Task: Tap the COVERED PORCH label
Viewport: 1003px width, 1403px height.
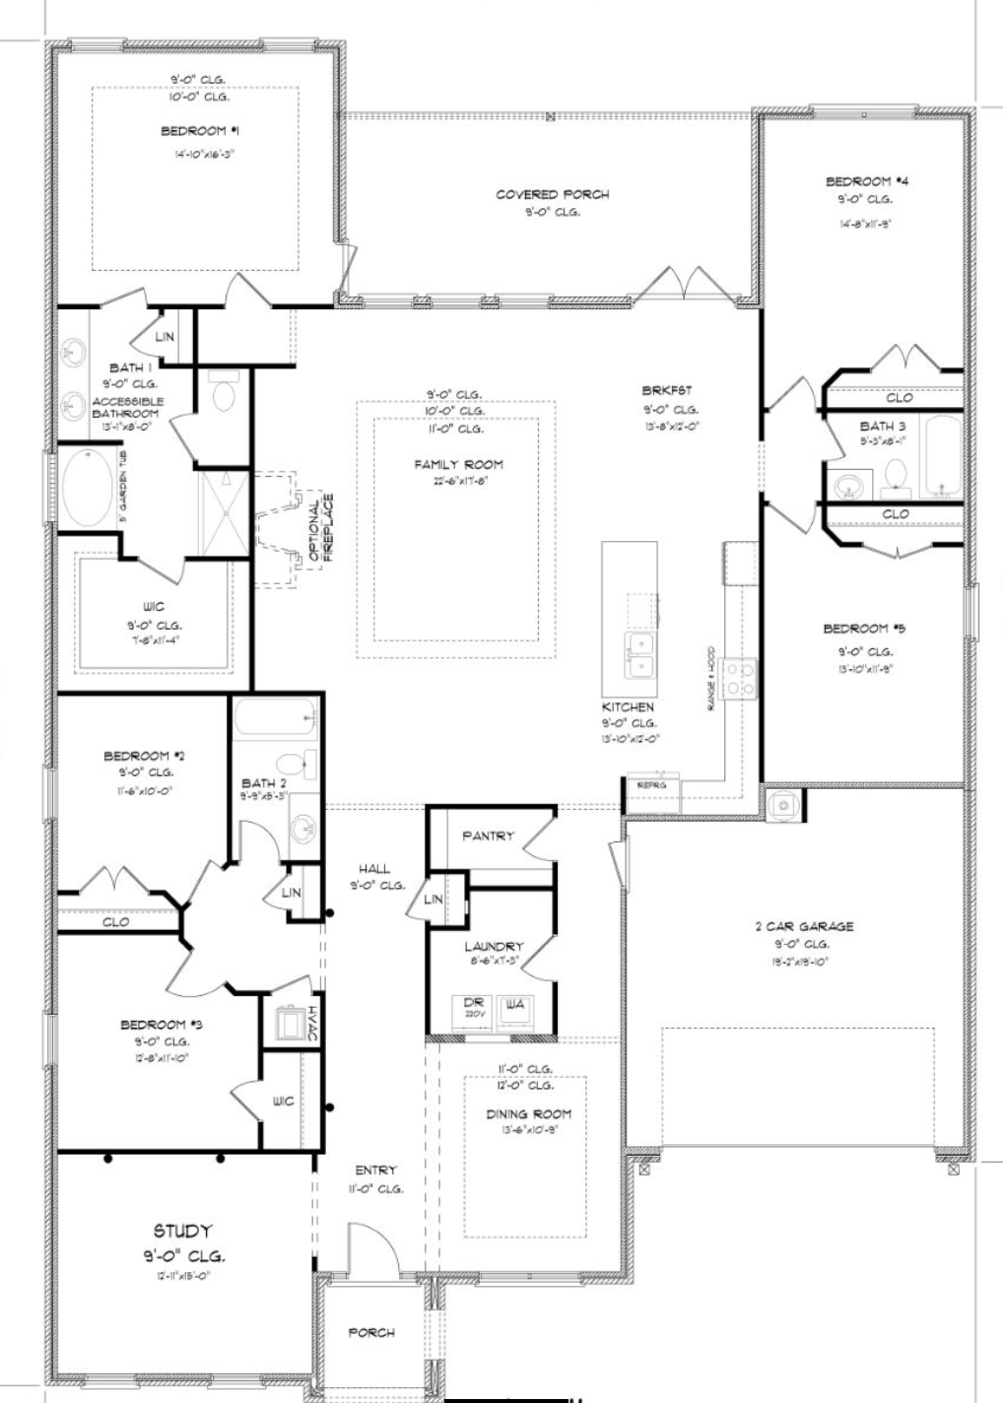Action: tap(552, 194)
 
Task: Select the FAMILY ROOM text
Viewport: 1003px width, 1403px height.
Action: tap(458, 464)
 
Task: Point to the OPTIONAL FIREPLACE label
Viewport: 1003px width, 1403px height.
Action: tap(321, 529)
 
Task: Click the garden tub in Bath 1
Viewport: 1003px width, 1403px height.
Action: tap(88, 489)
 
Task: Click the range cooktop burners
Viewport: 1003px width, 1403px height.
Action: tap(740, 677)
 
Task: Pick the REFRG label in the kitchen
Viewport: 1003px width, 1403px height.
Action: tap(651, 785)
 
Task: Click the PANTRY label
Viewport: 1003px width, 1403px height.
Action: tap(488, 835)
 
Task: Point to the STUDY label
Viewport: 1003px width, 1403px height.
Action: tap(182, 1231)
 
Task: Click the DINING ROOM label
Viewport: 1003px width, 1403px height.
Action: tap(528, 1114)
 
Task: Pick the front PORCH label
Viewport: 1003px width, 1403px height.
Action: tap(371, 1332)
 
